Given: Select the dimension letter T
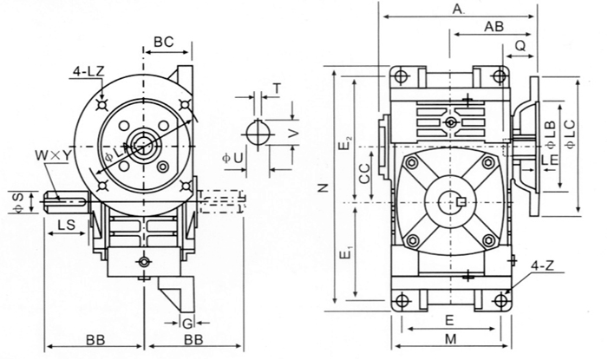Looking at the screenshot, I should click(x=276, y=89).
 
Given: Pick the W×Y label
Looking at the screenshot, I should click(x=49, y=155).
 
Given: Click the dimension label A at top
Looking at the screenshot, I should click(x=458, y=10).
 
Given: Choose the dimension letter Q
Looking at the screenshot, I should click(x=519, y=43).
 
